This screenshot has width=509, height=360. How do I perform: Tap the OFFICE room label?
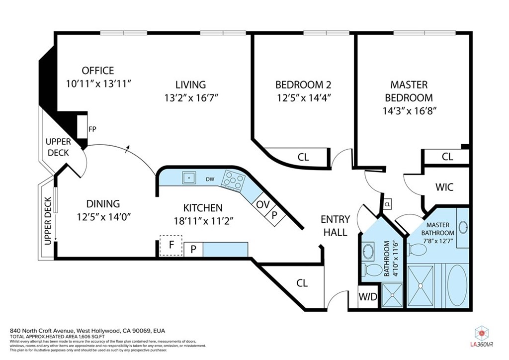pyautogui.click(x=98, y=71)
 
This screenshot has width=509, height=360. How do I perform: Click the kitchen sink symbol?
pyautogui.click(x=189, y=178)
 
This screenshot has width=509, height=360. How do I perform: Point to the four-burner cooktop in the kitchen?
pyautogui.click(x=233, y=179)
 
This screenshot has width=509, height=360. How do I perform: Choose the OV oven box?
pyautogui.click(x=261, y=204)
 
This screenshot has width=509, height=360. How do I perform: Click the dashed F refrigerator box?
pyautogui.click(x=171, y=246)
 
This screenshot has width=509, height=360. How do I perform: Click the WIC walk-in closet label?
pyautogui.click(x=444, y=188)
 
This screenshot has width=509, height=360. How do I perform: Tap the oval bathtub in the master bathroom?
pyautogui.click(x=457, y=287)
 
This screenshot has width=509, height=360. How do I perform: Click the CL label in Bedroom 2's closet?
pyautogui.click(x=303, y=157)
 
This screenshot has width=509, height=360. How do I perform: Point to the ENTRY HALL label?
pyautogui.click(x=335, y=225)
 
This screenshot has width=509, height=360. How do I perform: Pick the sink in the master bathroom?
pyautogui.click(x=463, y=228)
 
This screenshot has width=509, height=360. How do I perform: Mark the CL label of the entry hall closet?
pyautogui.click(x=302, y=283)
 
